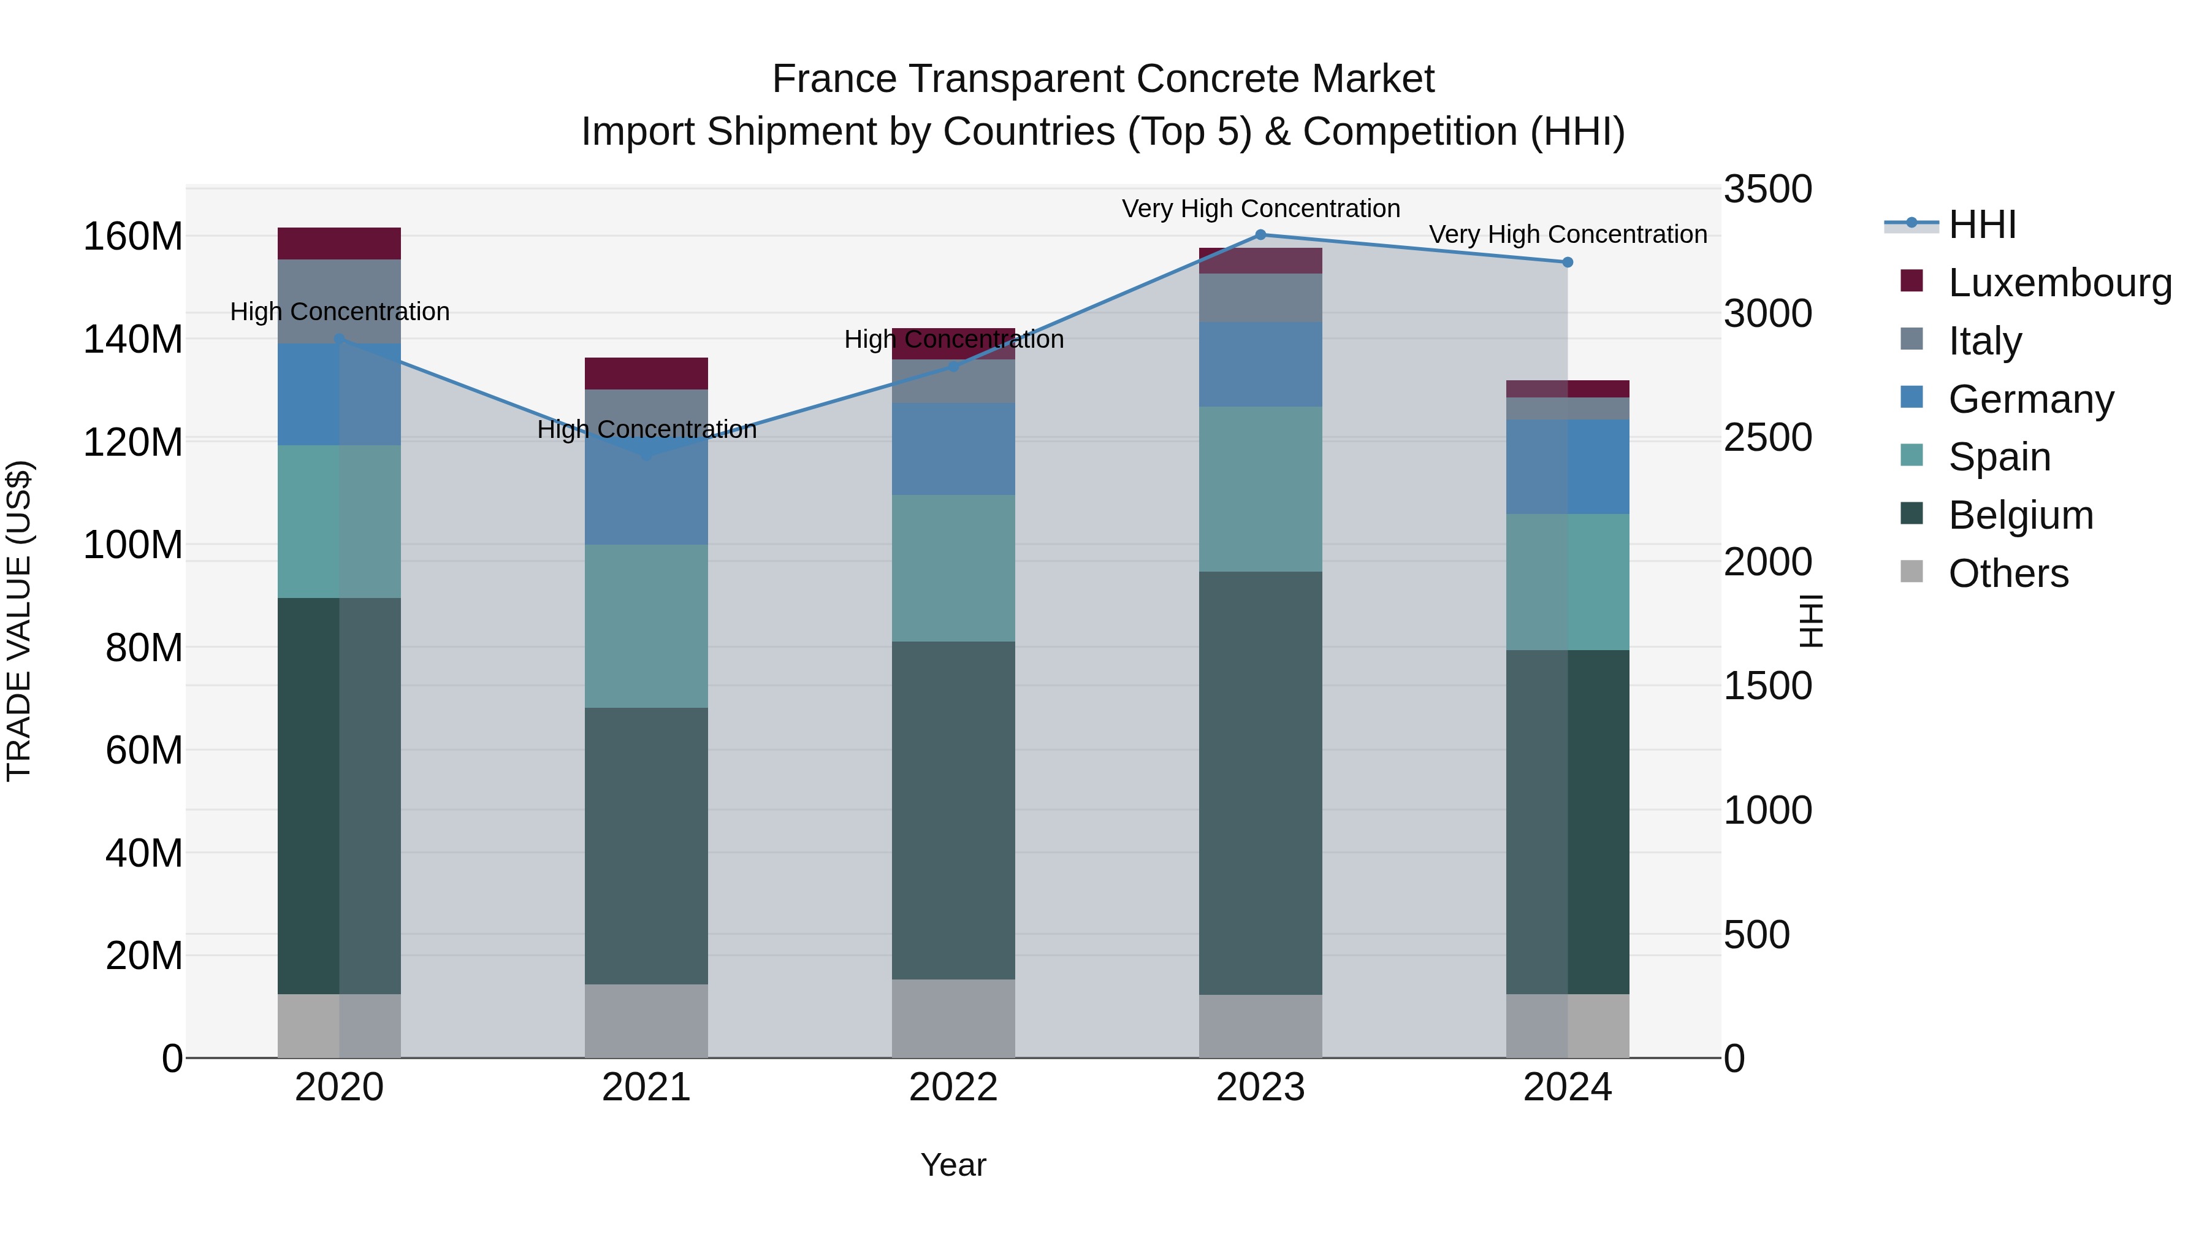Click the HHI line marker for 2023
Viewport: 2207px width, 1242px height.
pyautogui.click(x=1260, y=235)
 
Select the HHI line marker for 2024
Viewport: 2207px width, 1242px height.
pyautogui.click(x=1567, y=263)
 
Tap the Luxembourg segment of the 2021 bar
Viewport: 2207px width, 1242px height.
pyautogui.click(x=646, y=374)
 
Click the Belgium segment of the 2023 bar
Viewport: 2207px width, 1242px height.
pyautogui.click(x=1260, y=783)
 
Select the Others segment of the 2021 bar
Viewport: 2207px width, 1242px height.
pyautogui.click(x=646, y=1020)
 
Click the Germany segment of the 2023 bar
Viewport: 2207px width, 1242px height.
pyautogui.click(x=1260, y=364)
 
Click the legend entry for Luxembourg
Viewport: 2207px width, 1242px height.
pyautogui.click(x=2060, y=283)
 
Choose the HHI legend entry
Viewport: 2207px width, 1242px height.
pyautogui.click(x=1981, y=224)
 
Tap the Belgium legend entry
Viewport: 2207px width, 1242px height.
pyautogui.click(x=2020, y=515)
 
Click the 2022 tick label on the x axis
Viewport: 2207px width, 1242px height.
pyautogui.click(x=953, y=1087)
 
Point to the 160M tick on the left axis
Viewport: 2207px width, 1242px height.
pyautogui.click(x=133, y=237)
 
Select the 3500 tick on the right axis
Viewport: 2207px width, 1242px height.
pyautogui.click(x=1767, y=190)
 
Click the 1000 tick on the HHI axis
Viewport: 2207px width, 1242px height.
pyautogui.click(x=1767, y=810)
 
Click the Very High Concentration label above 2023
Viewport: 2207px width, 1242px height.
pyautogui.click(x=1260, y=209)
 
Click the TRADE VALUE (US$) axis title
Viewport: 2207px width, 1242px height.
pyautogui.click(x=20, y=621)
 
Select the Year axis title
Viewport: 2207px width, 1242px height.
pyautogui.click(x=953, y=1165)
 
